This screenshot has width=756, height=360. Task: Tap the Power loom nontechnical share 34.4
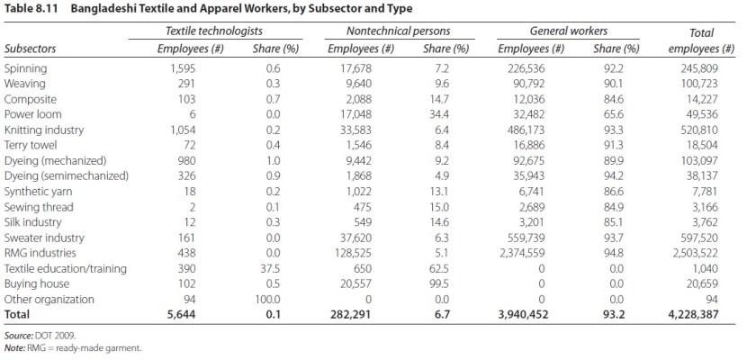tap(436, 114)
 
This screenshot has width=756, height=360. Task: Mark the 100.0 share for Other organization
tap(267, 300)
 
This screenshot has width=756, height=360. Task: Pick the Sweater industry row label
tap(44, 238)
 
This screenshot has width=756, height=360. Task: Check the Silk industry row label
tap(33, 222)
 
